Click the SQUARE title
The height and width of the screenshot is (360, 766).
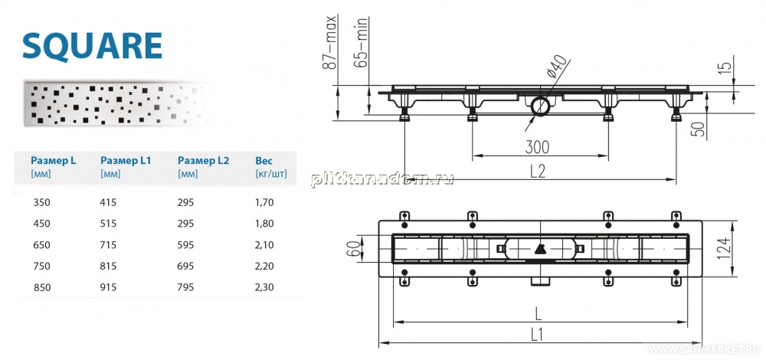pos(93,46)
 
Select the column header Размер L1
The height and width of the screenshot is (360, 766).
pos(126,160)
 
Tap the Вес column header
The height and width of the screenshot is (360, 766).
pos(264,160)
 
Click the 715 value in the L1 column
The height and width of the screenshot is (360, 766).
pos(108,244)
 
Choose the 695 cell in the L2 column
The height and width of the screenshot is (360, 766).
pos(185,267)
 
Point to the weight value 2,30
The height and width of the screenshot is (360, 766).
pos(264,288)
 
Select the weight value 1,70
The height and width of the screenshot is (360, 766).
pos(264,201)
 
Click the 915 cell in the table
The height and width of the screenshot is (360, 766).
pos(108,288)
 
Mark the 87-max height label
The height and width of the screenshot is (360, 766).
pos(331,41)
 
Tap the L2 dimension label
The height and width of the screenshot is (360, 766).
pos(538,171)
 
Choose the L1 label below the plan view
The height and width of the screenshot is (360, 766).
pos(538,335)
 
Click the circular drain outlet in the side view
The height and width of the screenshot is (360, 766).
pos(541,106)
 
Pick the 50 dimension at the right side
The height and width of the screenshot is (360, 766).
pos(700,129)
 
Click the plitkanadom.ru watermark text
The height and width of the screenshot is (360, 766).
pos(382,179)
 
